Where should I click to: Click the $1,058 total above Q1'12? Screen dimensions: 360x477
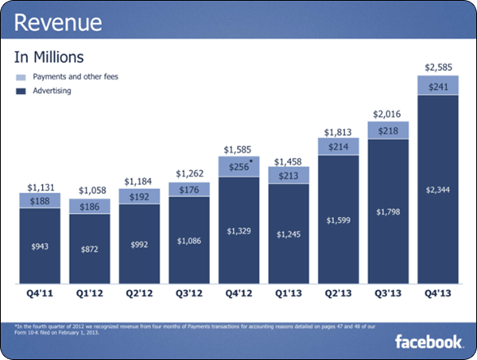point(90,191)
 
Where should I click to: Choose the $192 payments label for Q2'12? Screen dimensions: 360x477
point(139,195)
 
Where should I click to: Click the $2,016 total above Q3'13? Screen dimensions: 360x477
point(387,113)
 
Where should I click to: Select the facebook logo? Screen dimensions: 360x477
point(429,342)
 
